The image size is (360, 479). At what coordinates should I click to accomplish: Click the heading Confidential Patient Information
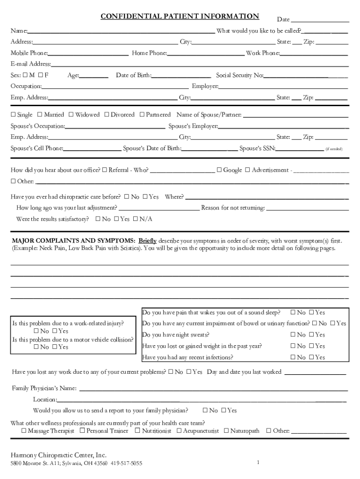pyautogui.click(x=180, y=16)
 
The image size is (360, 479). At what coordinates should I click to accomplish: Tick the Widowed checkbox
pyautogui.click(x=71, y=115)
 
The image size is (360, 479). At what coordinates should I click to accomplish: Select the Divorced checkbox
pyautogui.click(x=107, y=115)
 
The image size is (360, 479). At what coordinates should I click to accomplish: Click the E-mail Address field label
pyautogui.click(x=31, y=64)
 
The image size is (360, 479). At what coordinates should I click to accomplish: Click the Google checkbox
pyautogui.click(x=219, y=170)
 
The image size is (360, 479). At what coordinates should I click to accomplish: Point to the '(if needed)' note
pyautogui.click(x=334, y=149)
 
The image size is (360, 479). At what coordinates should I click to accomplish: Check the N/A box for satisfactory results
pyautogui.click(x=136, y=219)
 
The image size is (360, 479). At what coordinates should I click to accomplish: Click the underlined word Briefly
pyautogui.click(x=147, y=240)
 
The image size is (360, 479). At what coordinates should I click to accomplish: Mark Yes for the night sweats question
pyautogui.click(x=311, y=335)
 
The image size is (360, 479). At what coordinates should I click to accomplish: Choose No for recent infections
pyautogui.click(x=293, y=357)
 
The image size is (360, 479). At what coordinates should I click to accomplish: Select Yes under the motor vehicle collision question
pyautogui.click(x=55, y=347)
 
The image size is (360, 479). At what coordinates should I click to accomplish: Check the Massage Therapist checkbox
pyautogui.click(x=24, y=431)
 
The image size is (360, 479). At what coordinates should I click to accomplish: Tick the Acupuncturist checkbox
pyautogui.click(x=179, y=431)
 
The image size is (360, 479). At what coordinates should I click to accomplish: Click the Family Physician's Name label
pyautogui.click(x=44, y=388)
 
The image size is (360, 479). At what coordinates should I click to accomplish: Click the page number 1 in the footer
pyautogui.click(x=258, y=463)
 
